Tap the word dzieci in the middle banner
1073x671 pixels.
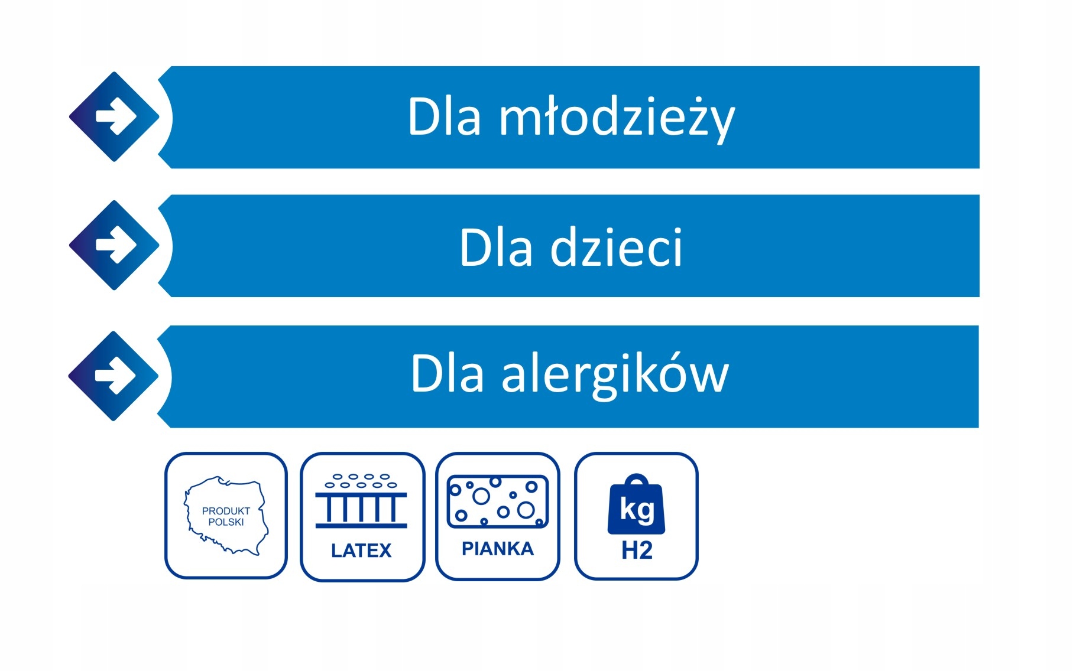click(x=617, y=247)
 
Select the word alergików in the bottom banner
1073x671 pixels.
click(x=615, y=374)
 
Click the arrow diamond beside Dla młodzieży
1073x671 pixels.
click(x=114, y=117)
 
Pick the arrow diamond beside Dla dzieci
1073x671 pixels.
click(x=114, y=245)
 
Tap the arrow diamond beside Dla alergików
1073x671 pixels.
click(x=114, y=376)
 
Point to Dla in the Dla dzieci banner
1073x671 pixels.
click(x=496, y=247)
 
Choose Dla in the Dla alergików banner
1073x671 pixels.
click(x=448, y=373)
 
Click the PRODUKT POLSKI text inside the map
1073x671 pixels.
click(x=226, y=516)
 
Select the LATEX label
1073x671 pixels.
click(x=361, y=551)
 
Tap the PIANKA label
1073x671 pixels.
click(x=498, y=549)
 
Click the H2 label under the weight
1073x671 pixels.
click(x=637, y=551)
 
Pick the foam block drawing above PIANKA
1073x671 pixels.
click(x=498, y=501)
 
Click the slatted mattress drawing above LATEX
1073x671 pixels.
click(x=361, y=501)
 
